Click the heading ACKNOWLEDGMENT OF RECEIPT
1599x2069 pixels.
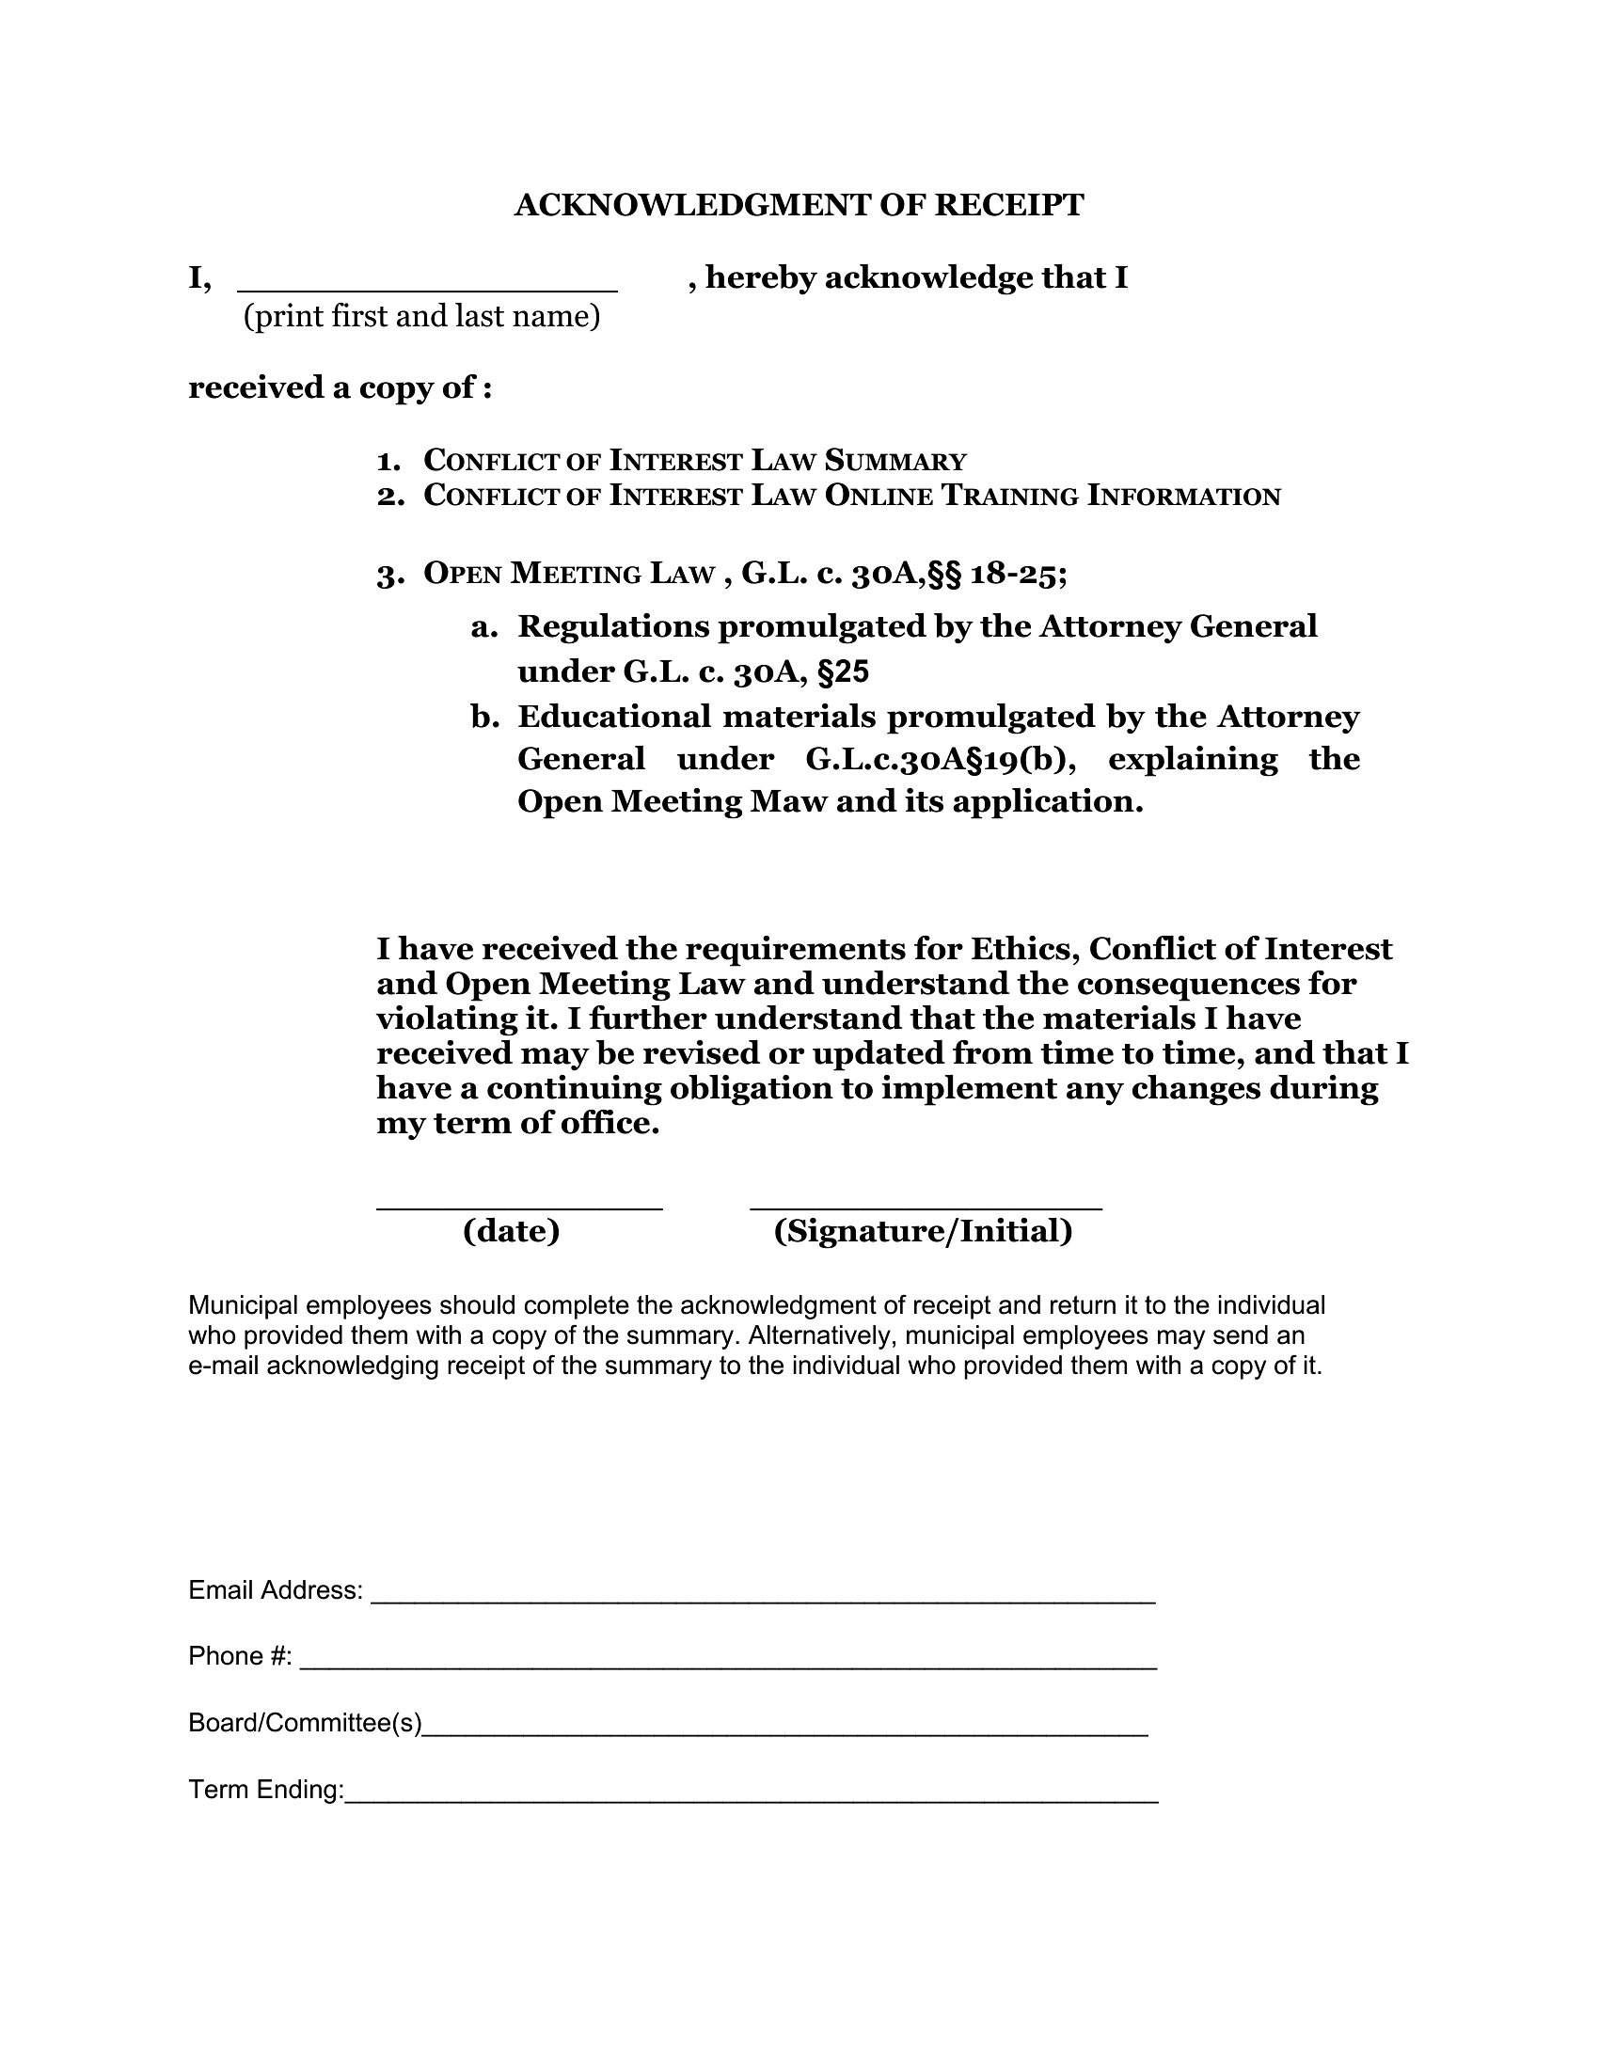799,206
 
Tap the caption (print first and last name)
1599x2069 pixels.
421,316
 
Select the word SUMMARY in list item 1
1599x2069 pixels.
895,462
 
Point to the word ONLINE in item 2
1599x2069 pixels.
879,497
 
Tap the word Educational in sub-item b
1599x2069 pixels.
614,717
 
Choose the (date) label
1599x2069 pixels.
512,1232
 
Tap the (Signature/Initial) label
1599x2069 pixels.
923,1232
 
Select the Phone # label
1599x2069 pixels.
240,1656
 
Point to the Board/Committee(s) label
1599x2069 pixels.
305,1723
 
